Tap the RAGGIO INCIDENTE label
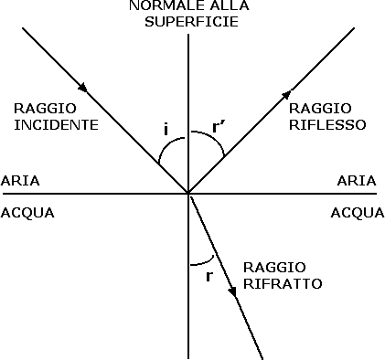pos(56,115)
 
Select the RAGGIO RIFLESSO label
pos(327,115)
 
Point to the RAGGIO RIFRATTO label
pos(282,275)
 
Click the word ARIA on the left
pos(20,181)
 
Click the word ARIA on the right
pos(357,181)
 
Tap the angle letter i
pos(166,131)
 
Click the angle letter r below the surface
pos(209,275)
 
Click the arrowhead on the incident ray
pos(84,89)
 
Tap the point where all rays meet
pos(188,193)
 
